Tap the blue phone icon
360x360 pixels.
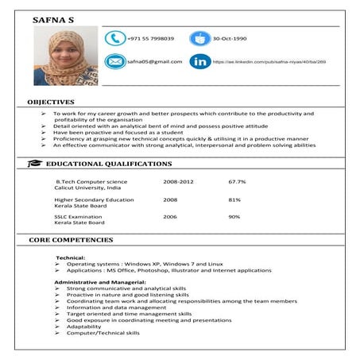coord(115,38)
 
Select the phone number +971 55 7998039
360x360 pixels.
coord(150,38)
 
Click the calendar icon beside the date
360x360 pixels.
coord(199,38)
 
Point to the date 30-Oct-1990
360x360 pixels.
coord(230,38)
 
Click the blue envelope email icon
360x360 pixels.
coord(115,61)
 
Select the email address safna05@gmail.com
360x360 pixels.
coord(154,61)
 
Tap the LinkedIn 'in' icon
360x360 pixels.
coord(200,61)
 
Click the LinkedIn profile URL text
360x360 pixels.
coord(269,61)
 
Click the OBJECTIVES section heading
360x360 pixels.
coord(51,102)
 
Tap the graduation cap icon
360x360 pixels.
coord(35,164)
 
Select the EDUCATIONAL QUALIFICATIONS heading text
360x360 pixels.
coord(109,164)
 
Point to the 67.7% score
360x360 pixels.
coord(237,182)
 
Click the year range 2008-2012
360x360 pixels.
coord(178,182)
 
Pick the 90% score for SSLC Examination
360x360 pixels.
coord(234,216)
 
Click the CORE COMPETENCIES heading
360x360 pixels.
coord(71,239)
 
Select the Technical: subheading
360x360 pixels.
coord(71,257)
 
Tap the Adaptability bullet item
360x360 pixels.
coord(83,327)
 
